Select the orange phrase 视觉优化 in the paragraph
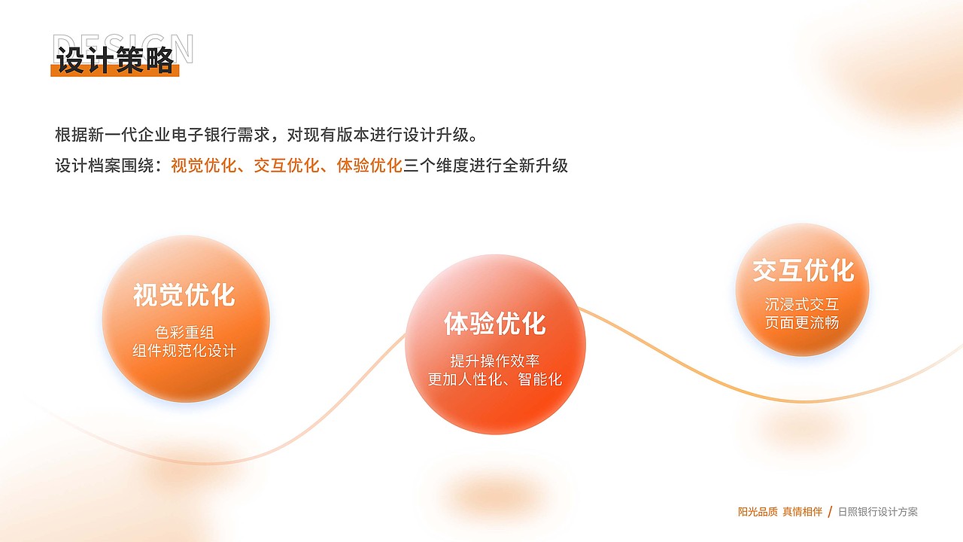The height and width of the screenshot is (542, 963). coord(203,166)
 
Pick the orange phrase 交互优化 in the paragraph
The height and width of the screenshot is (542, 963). coord(286,166)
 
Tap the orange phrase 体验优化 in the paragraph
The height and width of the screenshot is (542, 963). coord(369,166)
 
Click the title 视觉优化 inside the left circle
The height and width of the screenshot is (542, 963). coord(184,294)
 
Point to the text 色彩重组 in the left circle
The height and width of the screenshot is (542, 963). coord(184,332)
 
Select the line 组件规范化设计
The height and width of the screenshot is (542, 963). coord(184,351)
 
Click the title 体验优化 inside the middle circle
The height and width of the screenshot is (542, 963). coord(494,324)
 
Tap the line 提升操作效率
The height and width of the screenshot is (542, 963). coord(494,361)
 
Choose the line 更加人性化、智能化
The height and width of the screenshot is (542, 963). coord(494,379)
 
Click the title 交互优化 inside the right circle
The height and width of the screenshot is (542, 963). coord(803,270)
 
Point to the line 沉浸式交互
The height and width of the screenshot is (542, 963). coord(802,304)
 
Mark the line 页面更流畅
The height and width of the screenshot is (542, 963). coord(802,323)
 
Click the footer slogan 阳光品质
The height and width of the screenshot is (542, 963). coord(758,512)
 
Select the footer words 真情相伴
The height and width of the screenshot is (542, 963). coord(803,512)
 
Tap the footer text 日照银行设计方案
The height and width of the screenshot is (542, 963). coord(878,512)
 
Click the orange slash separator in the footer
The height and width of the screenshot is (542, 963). coord(830,512)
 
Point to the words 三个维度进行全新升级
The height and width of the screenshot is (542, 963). coord(485,166)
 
